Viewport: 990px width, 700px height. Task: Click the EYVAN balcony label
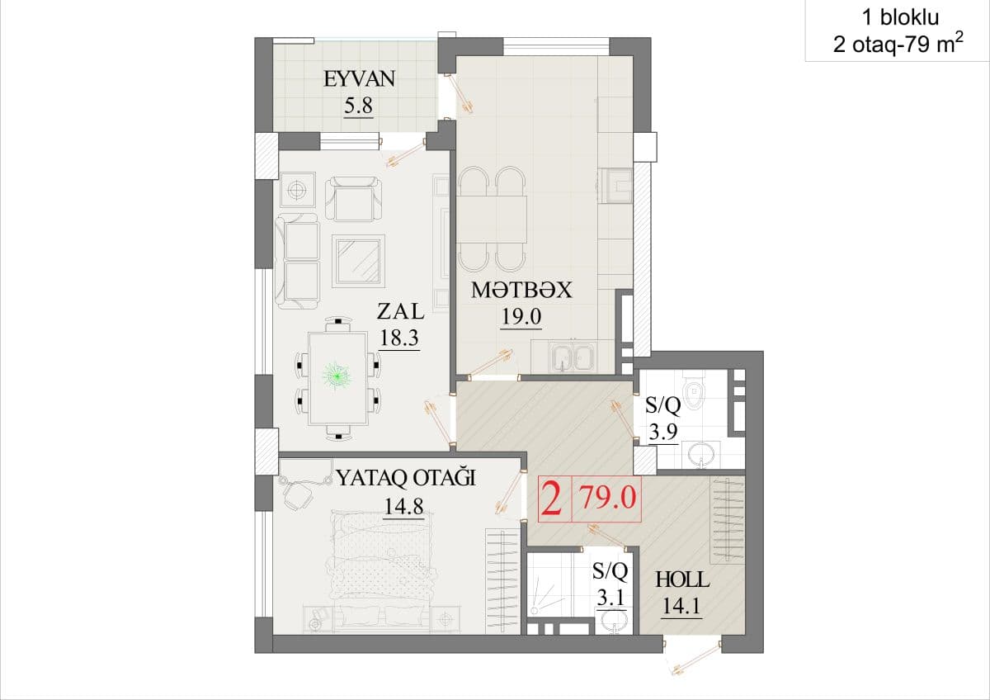tap(360, 79)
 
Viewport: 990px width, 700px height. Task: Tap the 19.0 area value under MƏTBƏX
tap(521, 317)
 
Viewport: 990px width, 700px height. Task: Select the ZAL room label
tap(400, 311)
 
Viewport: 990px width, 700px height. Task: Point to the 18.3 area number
tap(399, 338)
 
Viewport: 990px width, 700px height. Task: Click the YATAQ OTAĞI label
tap(406, 478)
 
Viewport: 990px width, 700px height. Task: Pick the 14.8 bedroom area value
tap(404, 506)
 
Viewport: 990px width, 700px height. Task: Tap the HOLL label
tap(682, 579)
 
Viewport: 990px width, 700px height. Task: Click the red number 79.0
tap(608, 498)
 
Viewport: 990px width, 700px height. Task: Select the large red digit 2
tap(552, 499)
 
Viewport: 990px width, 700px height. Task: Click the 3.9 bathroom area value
tap(663, 432)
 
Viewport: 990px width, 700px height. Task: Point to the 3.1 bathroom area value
tap(610, 599)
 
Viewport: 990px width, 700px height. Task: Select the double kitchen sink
tap(573, 357)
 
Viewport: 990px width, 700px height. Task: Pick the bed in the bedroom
tap(384, 566)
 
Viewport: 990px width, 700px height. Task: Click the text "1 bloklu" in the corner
tap(901, 18)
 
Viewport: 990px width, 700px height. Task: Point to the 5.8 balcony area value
tap(358, 106)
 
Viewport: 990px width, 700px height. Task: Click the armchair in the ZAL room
tap(354, 199)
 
